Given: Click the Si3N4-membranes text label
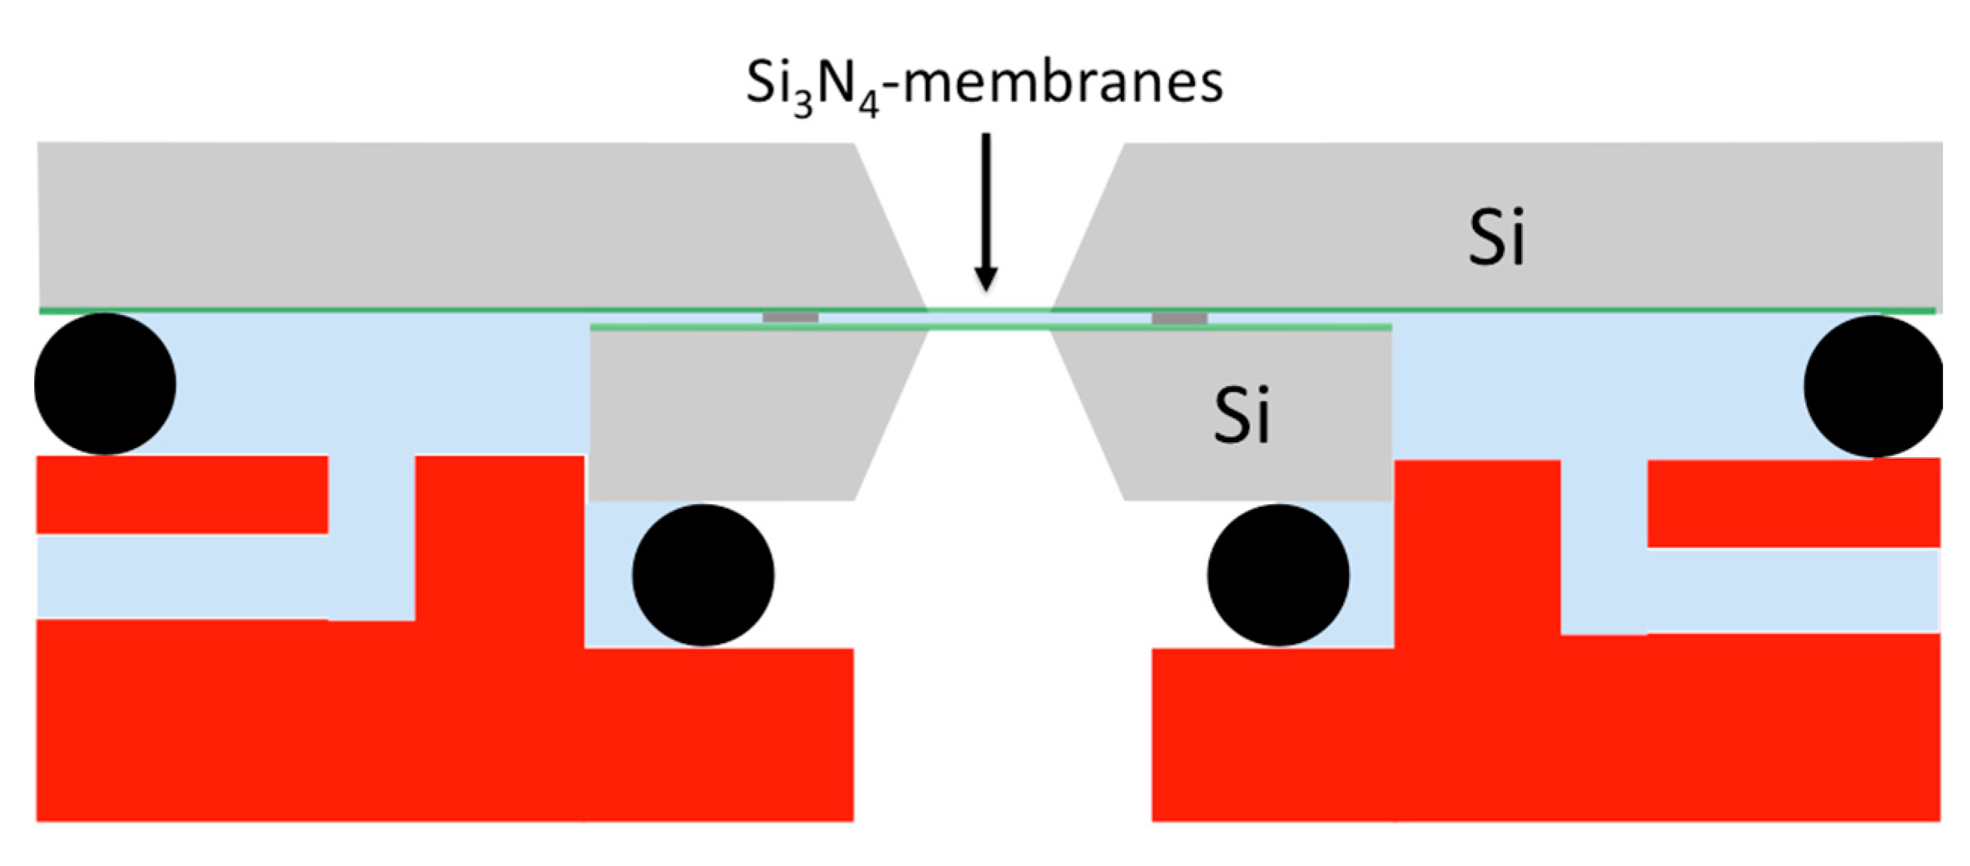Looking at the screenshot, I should [984, 84].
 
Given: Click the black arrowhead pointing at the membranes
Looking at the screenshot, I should [987, 279].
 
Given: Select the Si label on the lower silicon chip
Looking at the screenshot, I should [1242, 416].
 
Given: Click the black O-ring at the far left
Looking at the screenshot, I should [105, 384].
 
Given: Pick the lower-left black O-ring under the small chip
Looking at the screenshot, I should [702, 574].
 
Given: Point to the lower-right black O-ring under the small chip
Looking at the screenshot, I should [1278, 574].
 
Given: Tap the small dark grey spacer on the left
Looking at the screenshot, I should [791, 317].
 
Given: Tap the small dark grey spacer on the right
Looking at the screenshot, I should [1179, 317].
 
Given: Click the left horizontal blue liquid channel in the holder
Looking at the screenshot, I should [182, 576].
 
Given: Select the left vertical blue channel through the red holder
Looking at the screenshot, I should [372, 536].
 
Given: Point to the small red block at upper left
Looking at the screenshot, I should [182, 494].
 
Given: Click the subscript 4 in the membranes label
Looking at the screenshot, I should [868, 106].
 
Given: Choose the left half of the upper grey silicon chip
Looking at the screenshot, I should [459, 226].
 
